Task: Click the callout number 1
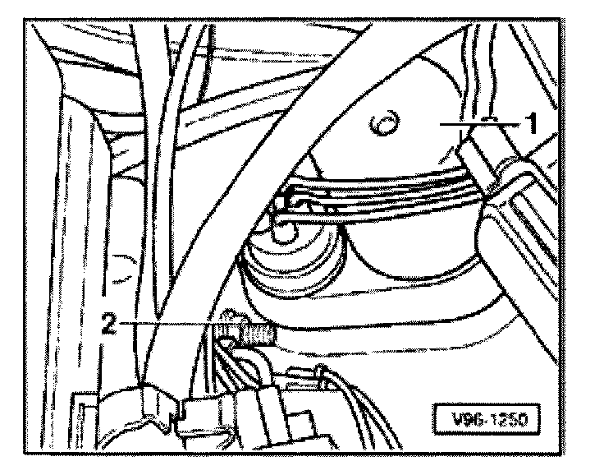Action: point(531,125)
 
